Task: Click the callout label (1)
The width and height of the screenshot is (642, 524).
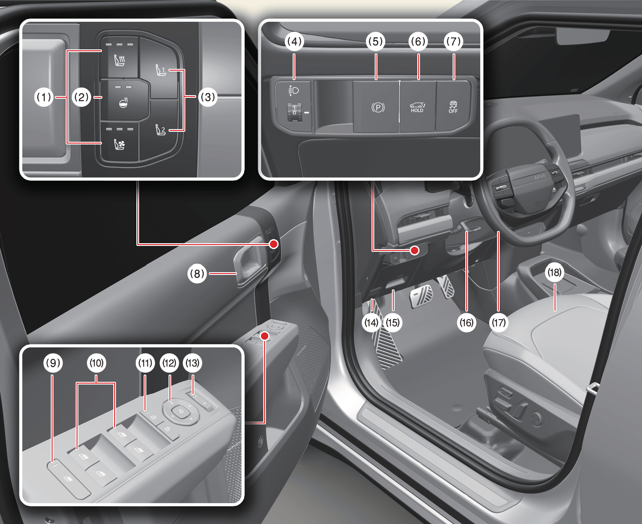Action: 44,97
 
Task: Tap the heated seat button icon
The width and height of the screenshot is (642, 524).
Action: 119,60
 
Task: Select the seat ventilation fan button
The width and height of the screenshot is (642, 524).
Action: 119,144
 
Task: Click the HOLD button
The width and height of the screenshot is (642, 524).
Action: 418,107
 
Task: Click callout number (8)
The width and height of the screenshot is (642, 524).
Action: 197,274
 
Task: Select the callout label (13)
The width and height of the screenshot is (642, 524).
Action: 193,363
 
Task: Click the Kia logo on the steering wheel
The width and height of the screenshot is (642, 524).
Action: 541,177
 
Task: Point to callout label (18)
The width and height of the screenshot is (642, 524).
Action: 554,272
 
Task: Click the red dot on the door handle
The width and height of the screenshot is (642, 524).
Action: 274,244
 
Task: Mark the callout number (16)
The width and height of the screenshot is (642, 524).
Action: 466,322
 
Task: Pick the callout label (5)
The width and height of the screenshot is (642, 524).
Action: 375,41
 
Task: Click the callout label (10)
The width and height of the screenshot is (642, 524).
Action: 97,363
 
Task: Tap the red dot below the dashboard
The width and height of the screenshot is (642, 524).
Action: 414,250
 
